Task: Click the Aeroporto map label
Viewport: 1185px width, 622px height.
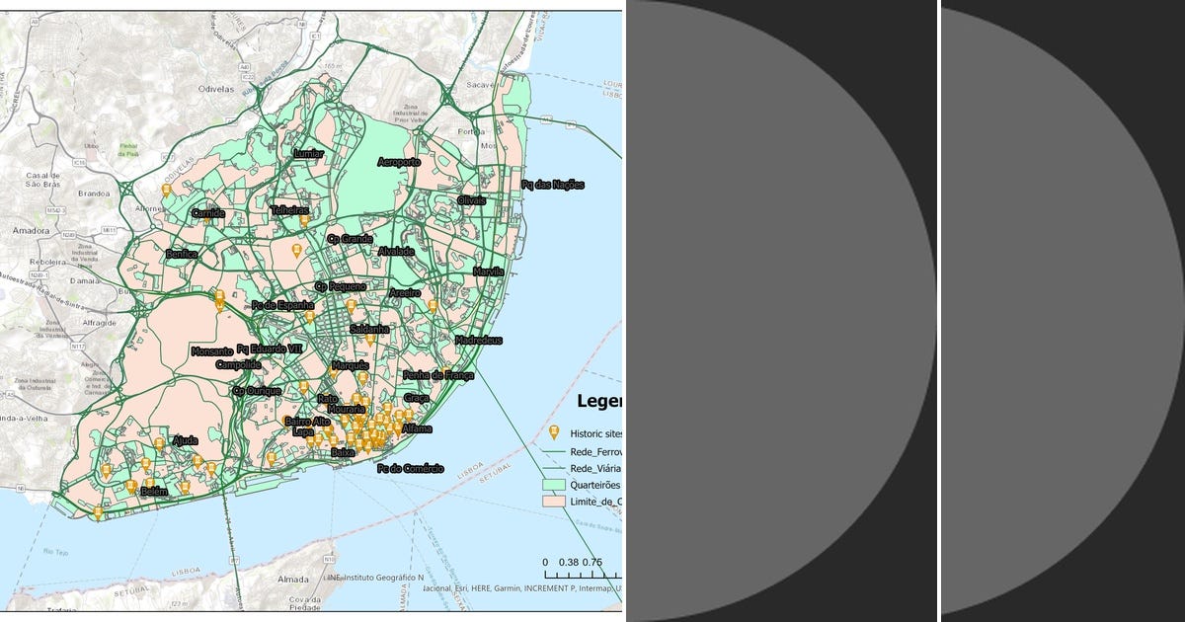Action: [399, 162]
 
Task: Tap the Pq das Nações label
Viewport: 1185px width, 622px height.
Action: [553, 185]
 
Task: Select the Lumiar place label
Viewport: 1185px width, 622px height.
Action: [308, 154]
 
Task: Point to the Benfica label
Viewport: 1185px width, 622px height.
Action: [182, 254]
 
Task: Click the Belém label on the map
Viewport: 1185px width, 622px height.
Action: [155, 491]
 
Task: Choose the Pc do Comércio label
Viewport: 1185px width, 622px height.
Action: [410, 468]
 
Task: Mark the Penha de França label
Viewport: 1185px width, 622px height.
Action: [438, 375]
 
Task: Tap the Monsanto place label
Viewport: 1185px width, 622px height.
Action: [211, 351]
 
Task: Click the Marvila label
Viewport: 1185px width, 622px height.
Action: [488, 272]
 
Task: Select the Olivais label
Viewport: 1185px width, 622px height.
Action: [472, 200]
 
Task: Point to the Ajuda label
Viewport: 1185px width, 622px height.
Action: [185, 440]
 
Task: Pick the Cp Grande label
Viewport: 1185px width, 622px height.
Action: [351, 239]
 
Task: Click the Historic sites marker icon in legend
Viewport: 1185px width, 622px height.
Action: [553, 432]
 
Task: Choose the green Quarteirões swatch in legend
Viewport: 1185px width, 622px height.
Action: [553, 485]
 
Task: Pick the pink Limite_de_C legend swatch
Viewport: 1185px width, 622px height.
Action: [553, 502]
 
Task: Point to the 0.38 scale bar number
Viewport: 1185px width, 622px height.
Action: [569, 562]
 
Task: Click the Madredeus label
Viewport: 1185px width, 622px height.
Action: [479, 341]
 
